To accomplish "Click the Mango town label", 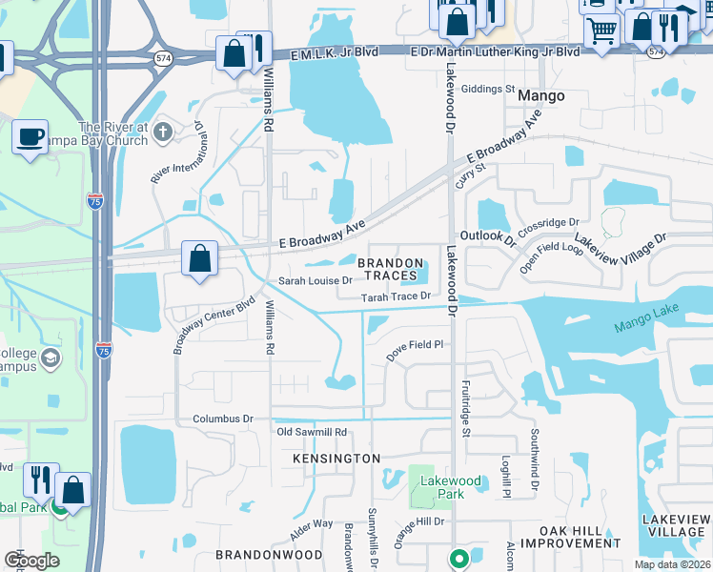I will pyautogui.click(x=540, y=96).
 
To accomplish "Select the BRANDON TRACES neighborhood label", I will pyautogui.click(x=390, y=269).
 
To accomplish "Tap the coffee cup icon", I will pyautogui.click(x=30, y=136).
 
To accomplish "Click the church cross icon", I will pyautogui.click(x=163, y=131).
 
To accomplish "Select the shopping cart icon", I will pyautogui.click(x=601, y=31).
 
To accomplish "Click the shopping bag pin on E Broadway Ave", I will pyautogui.click(x=199, y=259).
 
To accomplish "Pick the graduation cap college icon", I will pyautogui.click(x=51, y=358).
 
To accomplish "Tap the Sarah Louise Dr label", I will pyautogui.click(x=315, y=281).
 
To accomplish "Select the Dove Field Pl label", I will pyautogui.click(x=415, y=345).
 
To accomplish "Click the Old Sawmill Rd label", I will pyautogui.click(x=311, y=432).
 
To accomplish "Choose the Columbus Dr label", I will pyautogui.click(x=222, y=419).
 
